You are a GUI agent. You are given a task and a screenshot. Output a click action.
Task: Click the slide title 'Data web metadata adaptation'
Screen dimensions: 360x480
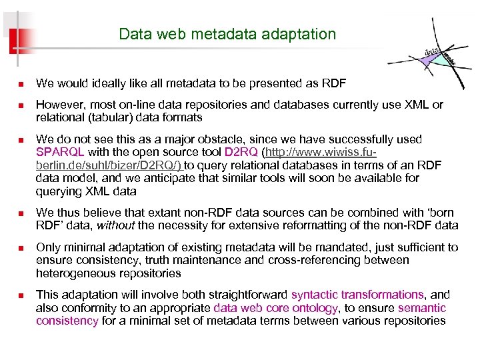coord(227,33)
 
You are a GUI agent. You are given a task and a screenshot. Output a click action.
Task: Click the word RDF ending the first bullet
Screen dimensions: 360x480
coord(335,83)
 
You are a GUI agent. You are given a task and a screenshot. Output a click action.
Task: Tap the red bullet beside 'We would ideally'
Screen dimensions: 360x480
coord(21,84)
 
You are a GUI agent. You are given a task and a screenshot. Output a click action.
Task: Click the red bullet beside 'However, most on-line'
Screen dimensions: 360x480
coord(21,105)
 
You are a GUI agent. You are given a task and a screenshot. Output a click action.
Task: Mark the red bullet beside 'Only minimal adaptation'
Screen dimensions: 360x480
coord(21,247)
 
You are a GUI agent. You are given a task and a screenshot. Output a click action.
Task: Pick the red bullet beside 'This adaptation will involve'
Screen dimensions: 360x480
coord(21,295)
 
